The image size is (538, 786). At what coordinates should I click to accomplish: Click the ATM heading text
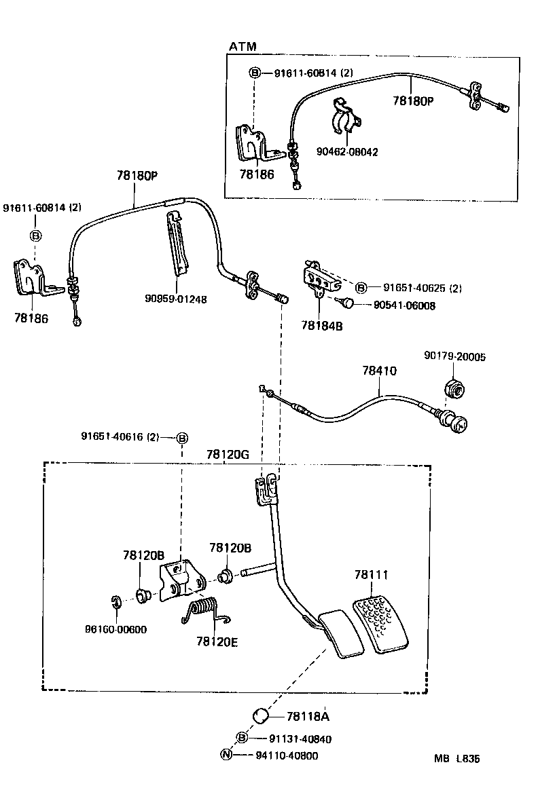[243, 47]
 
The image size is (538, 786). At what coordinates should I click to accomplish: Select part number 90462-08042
[347, 152]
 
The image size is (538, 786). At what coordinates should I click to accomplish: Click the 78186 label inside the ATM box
[257, 174]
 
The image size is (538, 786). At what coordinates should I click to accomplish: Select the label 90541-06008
[404, 306]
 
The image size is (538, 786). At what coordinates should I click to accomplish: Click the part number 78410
[379, 371]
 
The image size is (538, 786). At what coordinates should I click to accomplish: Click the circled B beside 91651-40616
[182, 438]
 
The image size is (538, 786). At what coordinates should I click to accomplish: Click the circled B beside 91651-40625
[361, 288]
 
